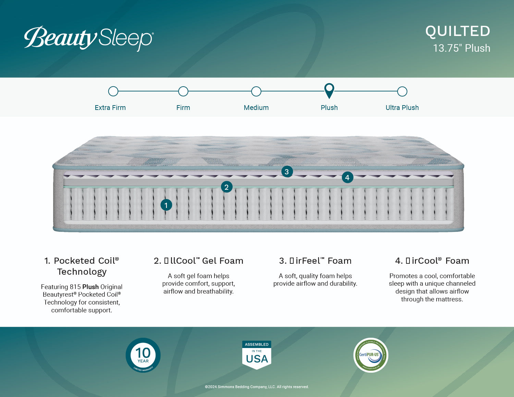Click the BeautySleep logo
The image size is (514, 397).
click(89, 38)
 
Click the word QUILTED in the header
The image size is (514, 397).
click(457, 32)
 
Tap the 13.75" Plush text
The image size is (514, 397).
click(461, 48)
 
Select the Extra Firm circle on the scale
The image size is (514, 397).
click(113, 91)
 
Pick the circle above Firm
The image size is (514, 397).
click(183, 91)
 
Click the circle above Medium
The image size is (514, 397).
click(256, 91)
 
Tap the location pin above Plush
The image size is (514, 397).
click(329, 90)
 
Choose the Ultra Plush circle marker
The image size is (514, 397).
click(402, 91)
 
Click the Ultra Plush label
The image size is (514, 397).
click(402, 108)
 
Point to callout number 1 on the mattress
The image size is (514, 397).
click(166, 205)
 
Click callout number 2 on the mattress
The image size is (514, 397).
click(227, 187)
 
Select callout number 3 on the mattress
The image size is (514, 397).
click(287, 172)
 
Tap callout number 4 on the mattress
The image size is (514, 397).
click(347, 177)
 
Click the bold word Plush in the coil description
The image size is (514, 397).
click(90, 287)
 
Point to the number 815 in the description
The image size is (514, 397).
click(75, 287)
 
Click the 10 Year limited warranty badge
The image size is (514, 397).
click(143, 355)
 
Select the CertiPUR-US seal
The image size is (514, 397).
click(370, 355)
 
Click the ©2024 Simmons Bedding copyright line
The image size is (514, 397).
click(257, 387)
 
